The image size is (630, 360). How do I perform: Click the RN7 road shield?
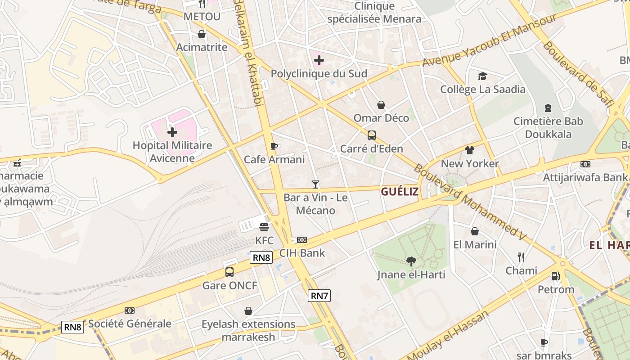click(x=319, y=296)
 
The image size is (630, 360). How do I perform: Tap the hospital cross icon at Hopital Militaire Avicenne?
click(x=172, y=132)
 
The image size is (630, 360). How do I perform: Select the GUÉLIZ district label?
click(x=400, y=192)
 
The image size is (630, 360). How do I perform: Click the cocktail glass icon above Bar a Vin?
click(x=315, y=184)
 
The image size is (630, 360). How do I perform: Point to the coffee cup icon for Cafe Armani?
click(x=274, y=146)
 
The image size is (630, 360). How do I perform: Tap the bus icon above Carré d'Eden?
click(x=372, y=135)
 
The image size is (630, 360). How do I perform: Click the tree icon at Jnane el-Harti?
click(x=411, y=261)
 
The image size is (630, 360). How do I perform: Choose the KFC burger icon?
click(x=264, y=227)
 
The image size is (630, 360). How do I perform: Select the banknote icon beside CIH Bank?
click(x=302, y=240)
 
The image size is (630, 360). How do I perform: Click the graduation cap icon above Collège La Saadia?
click(x=482, y=76)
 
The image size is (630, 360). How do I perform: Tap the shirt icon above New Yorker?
click(x=470, y=150)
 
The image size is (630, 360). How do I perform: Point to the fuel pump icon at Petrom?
click(x=556, y=276)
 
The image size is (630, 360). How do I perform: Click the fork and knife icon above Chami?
click(x=521, y=257)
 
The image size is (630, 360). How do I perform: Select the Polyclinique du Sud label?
click(x=319, y=74)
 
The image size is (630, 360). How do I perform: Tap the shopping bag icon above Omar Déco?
click(x=381, y=105)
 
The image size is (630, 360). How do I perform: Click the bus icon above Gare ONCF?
click(x=229, y=272)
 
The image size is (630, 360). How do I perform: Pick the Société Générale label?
click(x=130, y=324)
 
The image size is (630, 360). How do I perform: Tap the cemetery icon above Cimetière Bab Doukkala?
click(x=548, y=108)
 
